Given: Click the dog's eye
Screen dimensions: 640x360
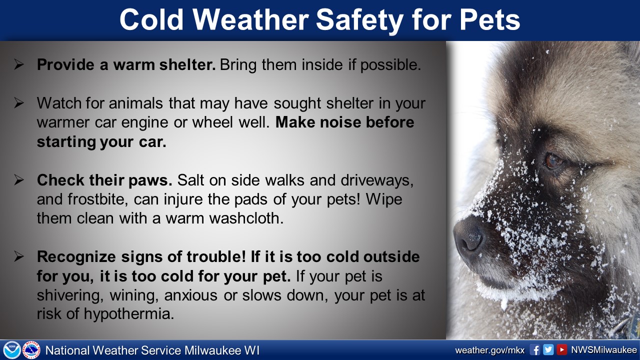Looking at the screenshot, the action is (x=553, y=161).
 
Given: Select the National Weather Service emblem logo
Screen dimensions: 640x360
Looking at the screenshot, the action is (x=31, y=350).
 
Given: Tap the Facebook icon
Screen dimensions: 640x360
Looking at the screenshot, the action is (x=535, y=350).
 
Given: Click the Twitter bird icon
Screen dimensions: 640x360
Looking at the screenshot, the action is (x=548, y=350).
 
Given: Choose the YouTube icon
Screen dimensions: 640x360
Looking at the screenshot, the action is (x=561, y=350).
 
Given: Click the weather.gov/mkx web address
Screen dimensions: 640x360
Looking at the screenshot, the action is (x=489, y=350).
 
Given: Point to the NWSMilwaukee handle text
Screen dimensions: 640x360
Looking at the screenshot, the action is (x=604, y=350).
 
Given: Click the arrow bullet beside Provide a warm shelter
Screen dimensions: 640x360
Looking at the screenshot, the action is (x=19, y=64).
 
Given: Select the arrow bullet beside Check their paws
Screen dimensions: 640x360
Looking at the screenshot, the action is (x=19, y=180).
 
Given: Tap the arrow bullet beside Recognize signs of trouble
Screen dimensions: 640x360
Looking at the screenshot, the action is (x=19, y=256).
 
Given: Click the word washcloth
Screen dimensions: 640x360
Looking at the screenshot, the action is (x=246, y=218).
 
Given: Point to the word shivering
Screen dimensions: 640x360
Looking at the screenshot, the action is (x=70, y=295).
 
